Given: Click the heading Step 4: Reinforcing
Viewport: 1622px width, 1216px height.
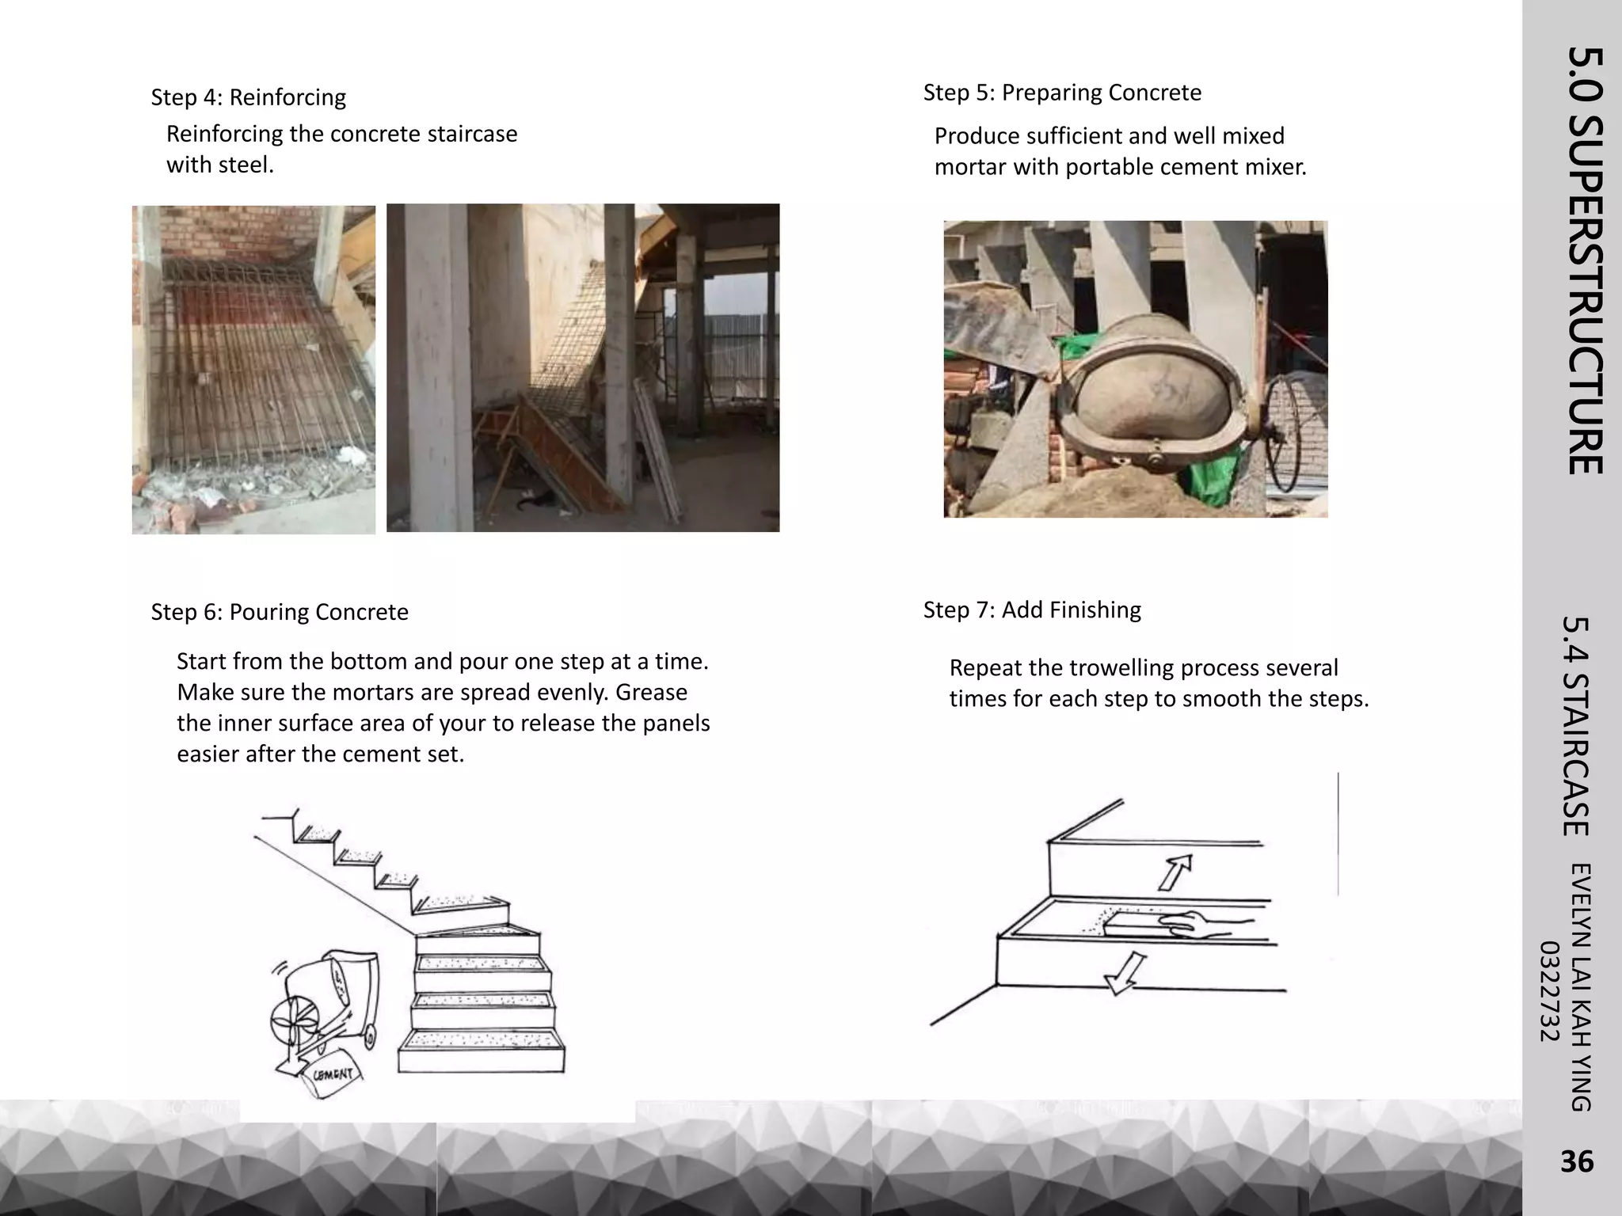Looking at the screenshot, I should click(x=248, y=97).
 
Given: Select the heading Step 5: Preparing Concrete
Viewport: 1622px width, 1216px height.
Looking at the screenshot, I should click(x=1062, y=93).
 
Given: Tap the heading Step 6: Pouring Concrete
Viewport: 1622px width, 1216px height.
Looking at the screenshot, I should click(x=280, y=612).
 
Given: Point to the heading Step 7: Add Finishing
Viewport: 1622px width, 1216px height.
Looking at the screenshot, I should click(x=1032, y=610).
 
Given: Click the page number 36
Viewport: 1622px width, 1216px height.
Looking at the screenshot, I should click(x=1576, y=1161).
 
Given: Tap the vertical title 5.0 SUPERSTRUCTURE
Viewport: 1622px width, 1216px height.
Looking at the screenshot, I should click(x=1585, y=261).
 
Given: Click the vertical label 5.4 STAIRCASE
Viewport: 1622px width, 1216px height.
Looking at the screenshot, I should click(x=1576, y=726).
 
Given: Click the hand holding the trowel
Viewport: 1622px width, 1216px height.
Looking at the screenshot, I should click(x=1201, y=924).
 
